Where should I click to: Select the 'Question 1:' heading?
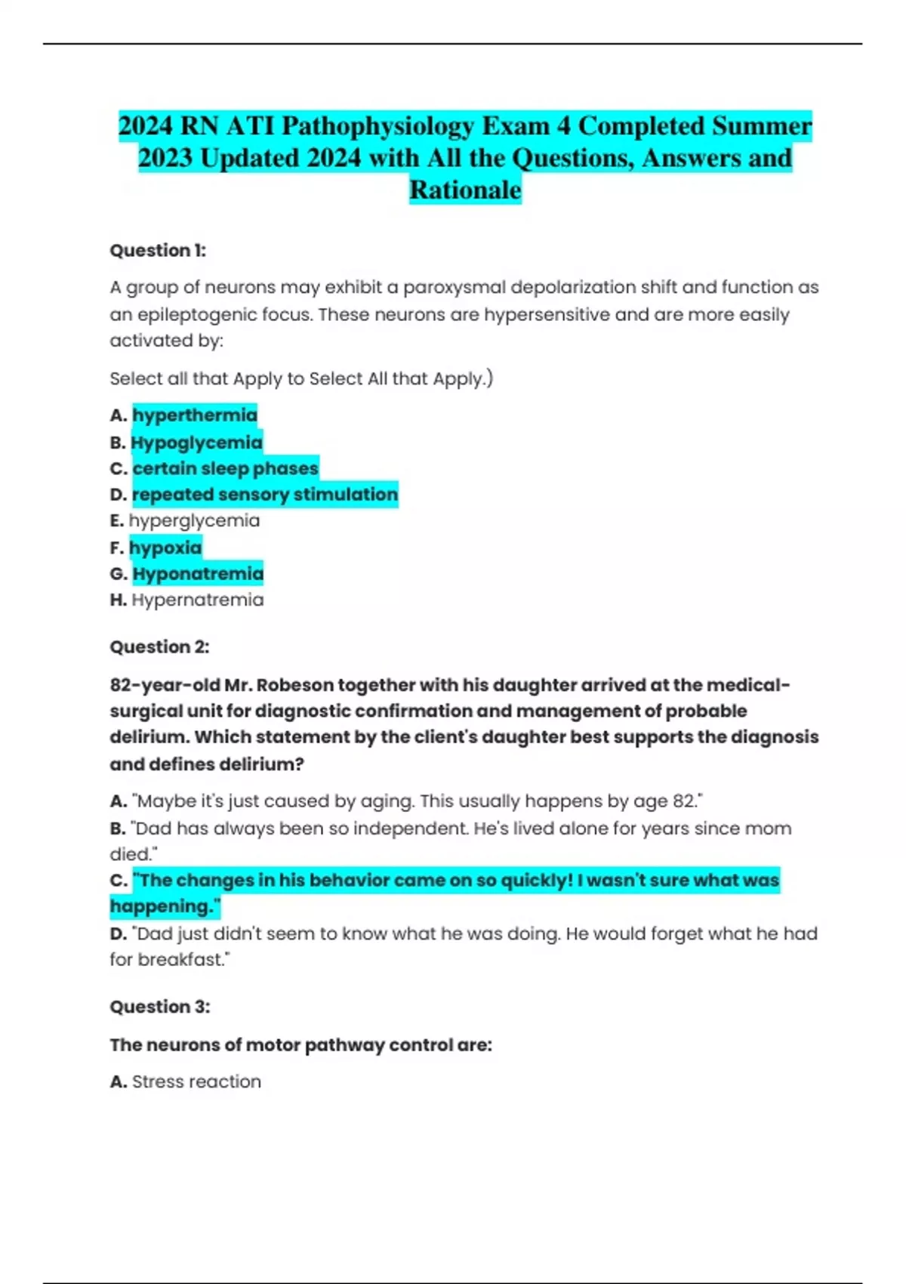click(x=158, y=251)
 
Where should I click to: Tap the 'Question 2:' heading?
click(x=159, y=647)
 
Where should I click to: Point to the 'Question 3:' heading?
click(x=160, y=1007)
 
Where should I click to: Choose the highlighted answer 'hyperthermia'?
click(x=195, y=415)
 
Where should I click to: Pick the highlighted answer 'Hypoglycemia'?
click(x=196, y=443)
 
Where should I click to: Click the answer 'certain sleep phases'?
click(x=225, y=468)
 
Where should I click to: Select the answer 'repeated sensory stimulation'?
click(x=264, y=495)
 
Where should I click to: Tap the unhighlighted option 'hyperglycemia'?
click(x=194, y=521)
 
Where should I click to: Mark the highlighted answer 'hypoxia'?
click(x=165, y=548)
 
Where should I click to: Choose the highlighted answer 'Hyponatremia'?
click(x=198, y=574)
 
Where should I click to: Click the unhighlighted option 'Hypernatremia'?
click(x=198, y=600)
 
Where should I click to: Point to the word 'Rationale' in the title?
click(x=465, y=190)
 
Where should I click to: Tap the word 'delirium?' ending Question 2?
click(x=263, y=764)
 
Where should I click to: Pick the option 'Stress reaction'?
click(x=196, y=1082)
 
